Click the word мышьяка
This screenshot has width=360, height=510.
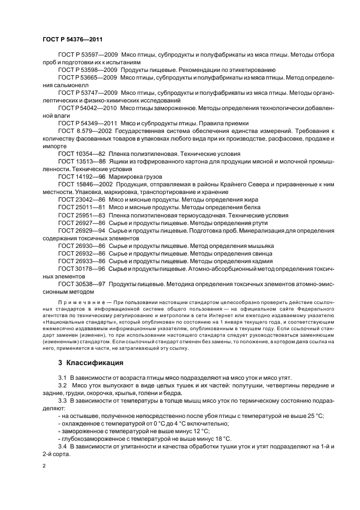(260, 246)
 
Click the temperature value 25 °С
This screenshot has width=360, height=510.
(313, 415)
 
